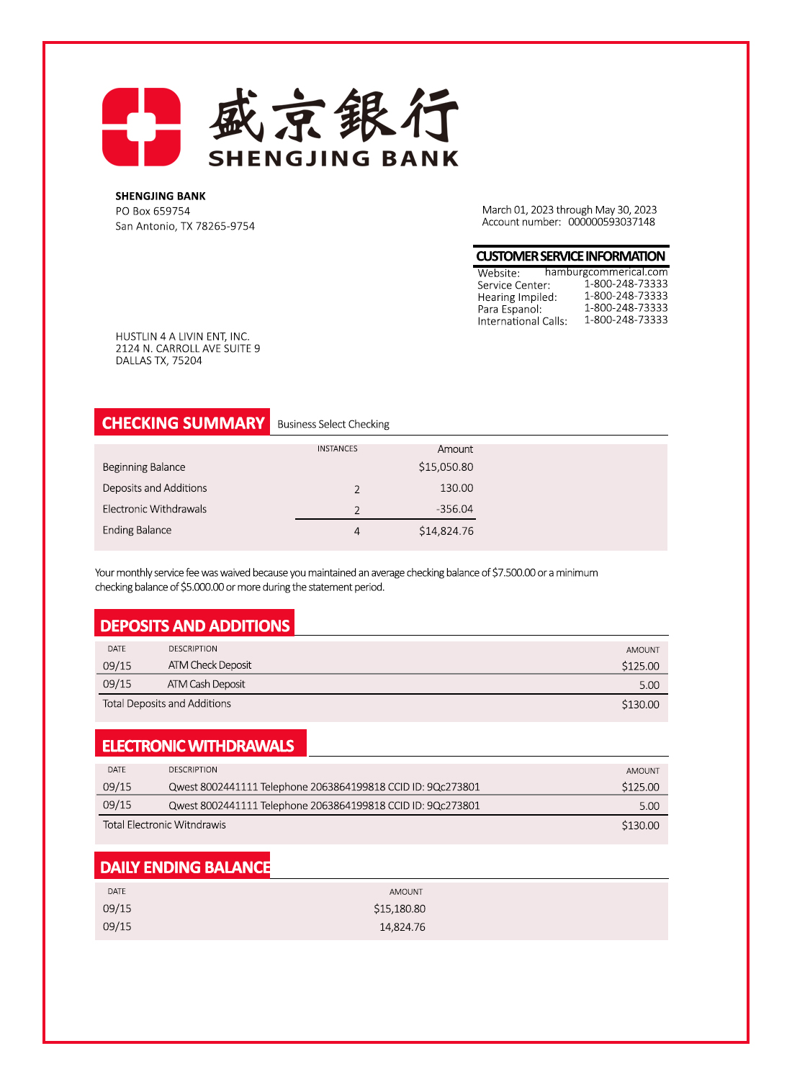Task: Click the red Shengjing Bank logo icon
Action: click(141, 127)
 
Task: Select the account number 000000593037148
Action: click(611, 222)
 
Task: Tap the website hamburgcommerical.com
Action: click(606, 272)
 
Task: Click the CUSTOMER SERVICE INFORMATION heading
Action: click(570, 256)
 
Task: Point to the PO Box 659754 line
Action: click(153, 211)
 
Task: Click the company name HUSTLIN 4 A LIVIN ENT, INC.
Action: click(182, 336)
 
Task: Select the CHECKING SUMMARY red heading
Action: click(183, 423)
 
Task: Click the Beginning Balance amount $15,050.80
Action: click(446, 467)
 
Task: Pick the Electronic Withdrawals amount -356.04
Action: click(454, 509)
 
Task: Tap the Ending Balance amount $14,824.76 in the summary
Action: click(446, 531)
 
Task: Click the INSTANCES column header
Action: click(337, 448)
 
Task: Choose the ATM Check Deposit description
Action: click(210, 665)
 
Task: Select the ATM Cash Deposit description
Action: click(206, 684)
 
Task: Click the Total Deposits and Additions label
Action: click(166, 703)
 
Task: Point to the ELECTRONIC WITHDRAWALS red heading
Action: click(199, 746)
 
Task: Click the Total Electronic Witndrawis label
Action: click(164, 825)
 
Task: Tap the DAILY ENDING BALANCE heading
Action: click(184, 867)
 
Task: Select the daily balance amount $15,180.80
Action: click(399, 909)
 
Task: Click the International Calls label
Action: click(522, 321)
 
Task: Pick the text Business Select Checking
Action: click(333, 424)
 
